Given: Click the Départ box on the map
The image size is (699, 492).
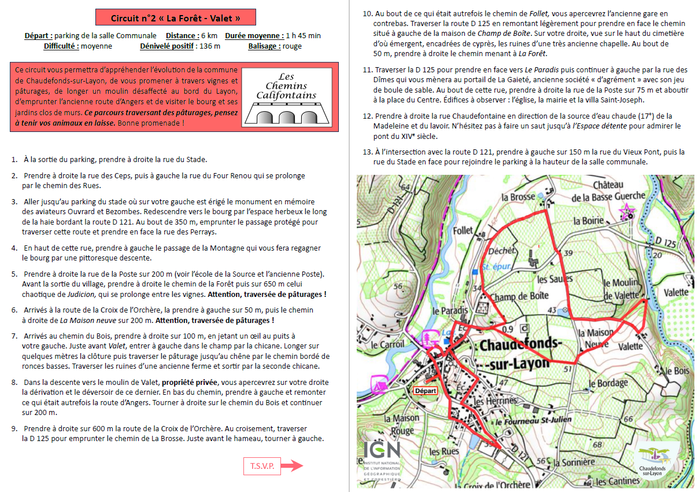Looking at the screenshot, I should (426, 391).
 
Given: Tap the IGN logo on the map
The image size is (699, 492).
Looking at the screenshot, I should (382, 460).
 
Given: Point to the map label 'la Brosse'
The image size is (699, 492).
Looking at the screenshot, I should (518, 197).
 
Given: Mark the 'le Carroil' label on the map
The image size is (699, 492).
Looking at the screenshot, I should (387, 344).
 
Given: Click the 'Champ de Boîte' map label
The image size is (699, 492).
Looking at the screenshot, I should (519, 296).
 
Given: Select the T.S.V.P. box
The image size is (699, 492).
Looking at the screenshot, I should (262, 465).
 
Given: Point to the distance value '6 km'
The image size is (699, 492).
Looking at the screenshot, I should (209, 36).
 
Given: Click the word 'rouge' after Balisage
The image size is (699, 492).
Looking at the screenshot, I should (292, 46).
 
